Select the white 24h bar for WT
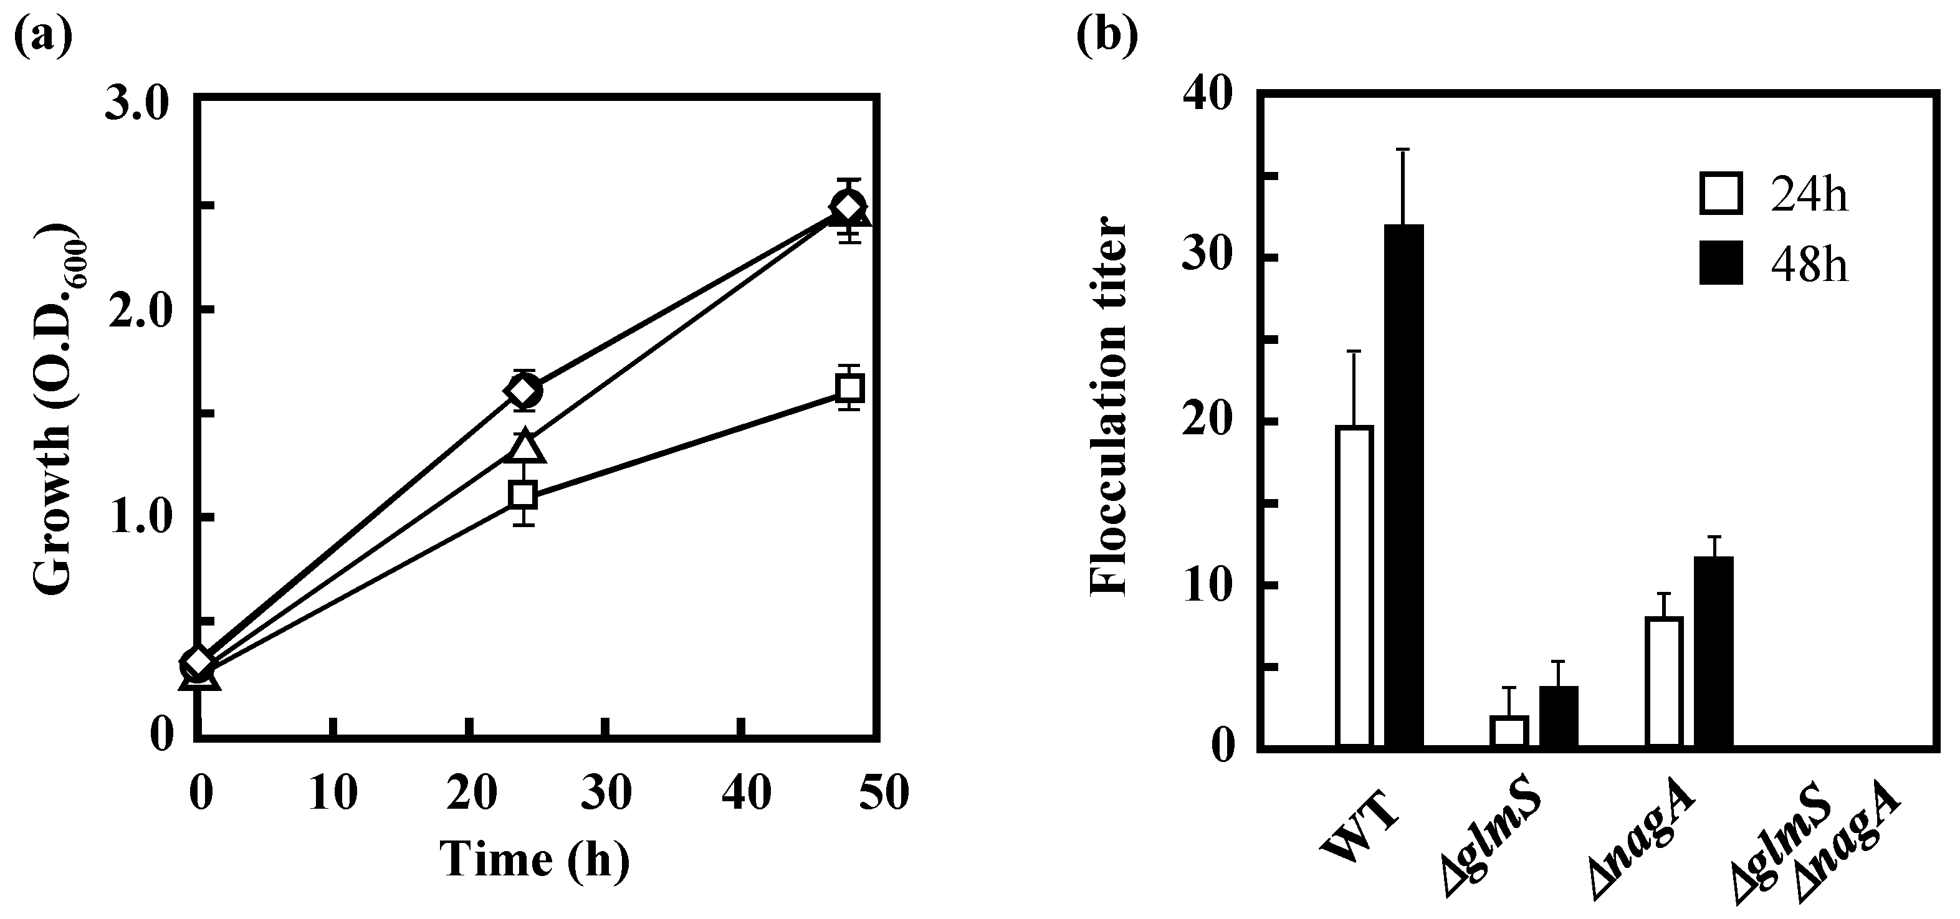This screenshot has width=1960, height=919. click(1354, 586)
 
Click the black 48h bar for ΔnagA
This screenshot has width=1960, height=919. click(1713, 651)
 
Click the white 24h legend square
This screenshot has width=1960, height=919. click(1720, 193)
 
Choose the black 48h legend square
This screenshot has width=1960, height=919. click(1720, 262)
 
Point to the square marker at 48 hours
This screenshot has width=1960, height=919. click(849, 388)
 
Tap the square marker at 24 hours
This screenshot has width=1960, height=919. click(523, 495)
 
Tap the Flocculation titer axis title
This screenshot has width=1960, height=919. click(1108, 409)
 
